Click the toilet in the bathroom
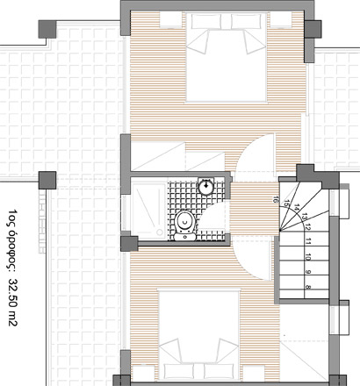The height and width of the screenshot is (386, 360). pos(184,225)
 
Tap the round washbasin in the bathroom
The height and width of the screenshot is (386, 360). pos(206,186)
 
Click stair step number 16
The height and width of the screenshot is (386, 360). pos(275,200)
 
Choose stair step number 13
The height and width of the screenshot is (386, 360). pos(304,217)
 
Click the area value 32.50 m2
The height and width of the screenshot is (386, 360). pos(12,302)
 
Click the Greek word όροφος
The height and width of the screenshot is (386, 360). pos(12,248)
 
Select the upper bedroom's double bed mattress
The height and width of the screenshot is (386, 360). pos(227,57)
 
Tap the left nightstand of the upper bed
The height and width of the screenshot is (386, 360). pos(170,20)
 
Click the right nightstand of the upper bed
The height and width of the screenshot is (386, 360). pos(281,20)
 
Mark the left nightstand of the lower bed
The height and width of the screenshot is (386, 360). pos(143,374)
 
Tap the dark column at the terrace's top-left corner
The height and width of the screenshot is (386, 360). pos(47,29)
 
